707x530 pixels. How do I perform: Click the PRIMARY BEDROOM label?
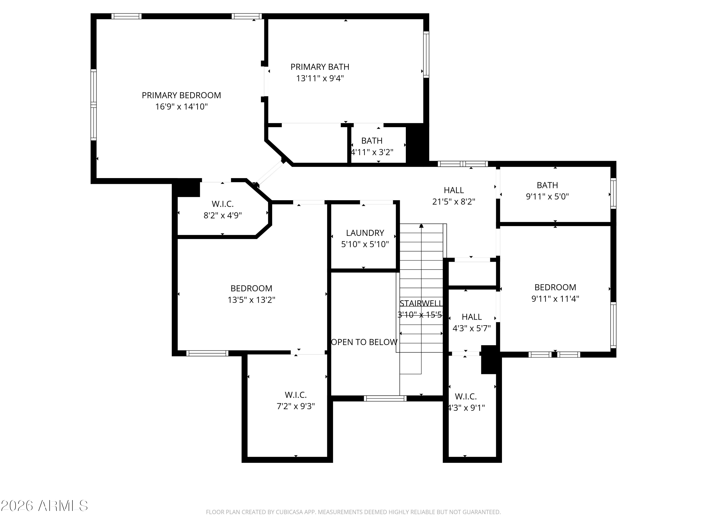[181, 95]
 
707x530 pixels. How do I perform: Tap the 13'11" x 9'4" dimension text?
[320, 78]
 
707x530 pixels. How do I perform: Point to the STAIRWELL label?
[421, 303]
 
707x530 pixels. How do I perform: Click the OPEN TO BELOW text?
[364, 342]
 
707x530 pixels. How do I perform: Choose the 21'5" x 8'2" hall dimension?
[454, 202]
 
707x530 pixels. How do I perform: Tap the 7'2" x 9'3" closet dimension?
[296, 406]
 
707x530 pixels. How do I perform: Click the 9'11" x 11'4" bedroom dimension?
[555, 299]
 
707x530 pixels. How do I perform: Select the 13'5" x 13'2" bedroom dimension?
[251, 300]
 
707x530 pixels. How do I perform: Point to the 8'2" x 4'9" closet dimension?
[223, 215]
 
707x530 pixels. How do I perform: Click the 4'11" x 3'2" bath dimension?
[372, 152]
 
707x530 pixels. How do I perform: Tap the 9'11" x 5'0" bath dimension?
[547, 196]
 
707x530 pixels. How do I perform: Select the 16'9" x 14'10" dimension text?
[181, 107]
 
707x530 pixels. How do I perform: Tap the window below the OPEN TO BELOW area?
[385, 398]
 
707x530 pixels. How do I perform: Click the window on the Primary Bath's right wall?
[426, 54]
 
